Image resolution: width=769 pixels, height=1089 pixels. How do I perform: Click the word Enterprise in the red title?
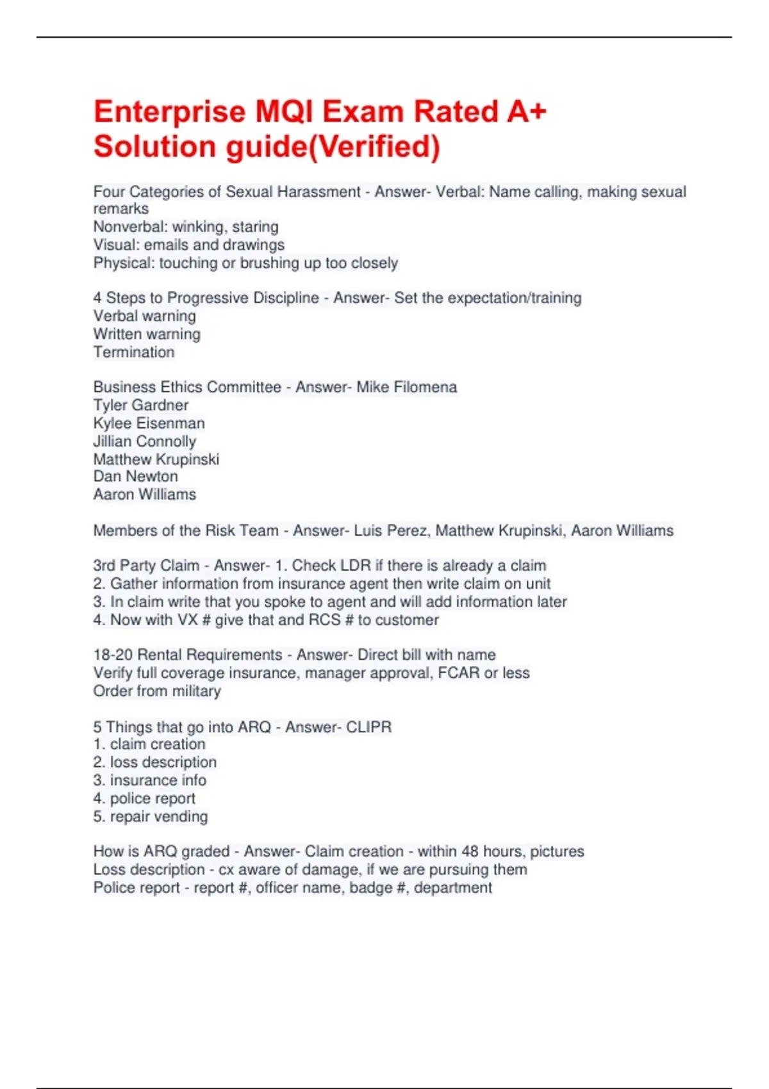tap(170, 112)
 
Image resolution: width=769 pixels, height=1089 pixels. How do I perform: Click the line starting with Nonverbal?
tap(186, 227)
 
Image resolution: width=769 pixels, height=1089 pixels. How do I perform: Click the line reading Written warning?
tap(147, 334)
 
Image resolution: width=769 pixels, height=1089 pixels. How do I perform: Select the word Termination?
tap(134, 352)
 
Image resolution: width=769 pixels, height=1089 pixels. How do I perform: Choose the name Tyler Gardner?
tap(141, 405)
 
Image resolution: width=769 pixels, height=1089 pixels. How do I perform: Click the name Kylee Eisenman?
tap(149, 423)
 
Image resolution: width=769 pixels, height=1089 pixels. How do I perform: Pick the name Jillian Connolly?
tap(145, 441)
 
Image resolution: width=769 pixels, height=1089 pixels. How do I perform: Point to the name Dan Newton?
tap(136, 476)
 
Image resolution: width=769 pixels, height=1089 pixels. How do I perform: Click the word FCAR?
tap(459, 673)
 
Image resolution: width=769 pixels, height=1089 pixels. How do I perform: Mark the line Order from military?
tap(157, 691)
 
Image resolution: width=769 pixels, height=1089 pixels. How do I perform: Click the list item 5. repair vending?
tap(151, 816)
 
